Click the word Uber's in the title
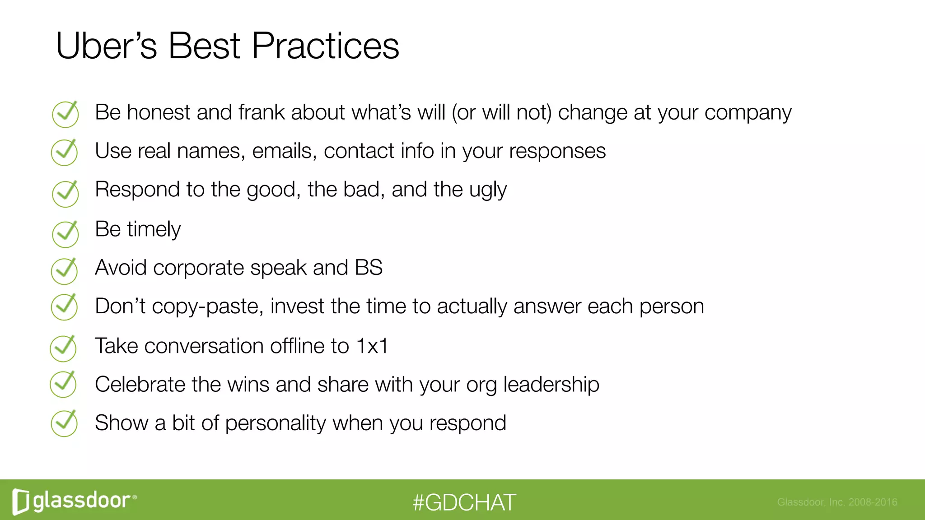(x=106, y=46)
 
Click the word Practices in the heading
(x=325, y=46)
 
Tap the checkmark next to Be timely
(x=65, y=234)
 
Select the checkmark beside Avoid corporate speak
(x=65, y=271)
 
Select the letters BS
(x=369, y=268)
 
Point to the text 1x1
(x=372, y=346)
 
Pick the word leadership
(x=551, y=385)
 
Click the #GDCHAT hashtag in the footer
(x=464, y=502)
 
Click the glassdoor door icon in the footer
(x=21, y=501)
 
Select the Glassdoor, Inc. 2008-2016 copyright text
(x=837, y=502)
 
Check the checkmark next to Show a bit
(x=65, y=423)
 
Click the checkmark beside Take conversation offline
(x=63, y=348)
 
